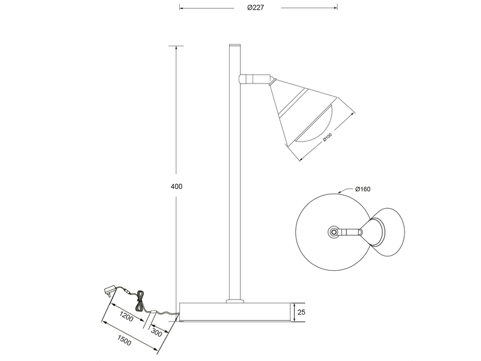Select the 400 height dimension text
pos(176,187)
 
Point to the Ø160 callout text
pos(363,189)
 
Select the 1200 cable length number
pos(126,316)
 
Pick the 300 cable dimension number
pos(156,332)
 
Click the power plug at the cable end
pos(109,291)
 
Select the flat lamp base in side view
pos(235,312)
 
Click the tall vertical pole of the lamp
pos(234,180)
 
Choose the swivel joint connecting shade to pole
pos(254,78)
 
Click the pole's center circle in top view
pos(333,232)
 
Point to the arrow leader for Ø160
pos(346,191)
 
